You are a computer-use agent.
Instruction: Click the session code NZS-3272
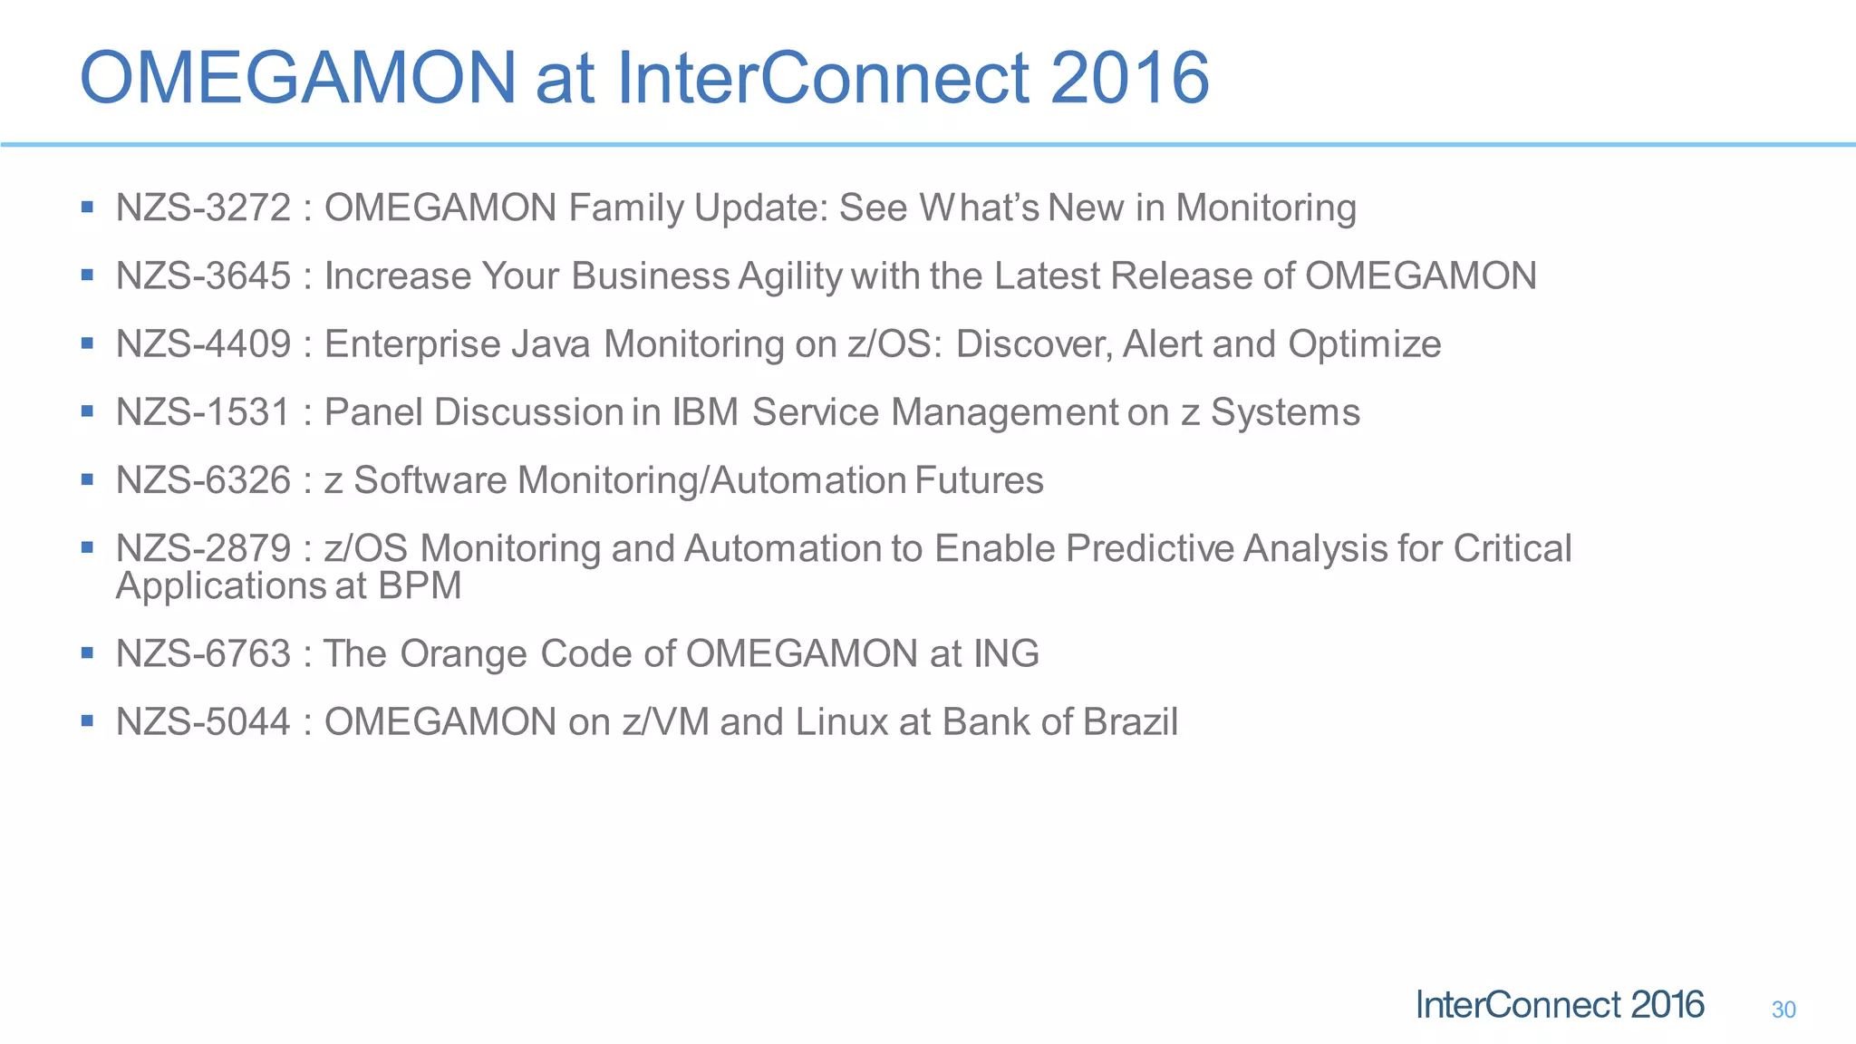tap(203, 208)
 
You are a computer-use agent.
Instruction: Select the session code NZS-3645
tap(203, 276)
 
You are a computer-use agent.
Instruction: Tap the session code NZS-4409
tap(203, 344)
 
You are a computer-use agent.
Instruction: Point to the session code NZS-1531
tap(203, 412)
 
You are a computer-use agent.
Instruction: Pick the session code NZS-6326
tap(203, 480)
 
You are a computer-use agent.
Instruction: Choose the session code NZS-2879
tap(203, 549)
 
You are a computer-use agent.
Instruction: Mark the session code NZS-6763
tap(203, 653)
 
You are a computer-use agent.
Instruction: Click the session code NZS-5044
tap(203, 722)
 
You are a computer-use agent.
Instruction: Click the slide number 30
tap(1783, 1010)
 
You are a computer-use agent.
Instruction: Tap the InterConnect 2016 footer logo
tap(1559, 1005)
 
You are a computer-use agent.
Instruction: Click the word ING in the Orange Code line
tap(1006, 653)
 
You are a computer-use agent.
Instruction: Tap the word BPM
tap(420, 585)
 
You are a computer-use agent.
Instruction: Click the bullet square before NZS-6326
tap(87, 478)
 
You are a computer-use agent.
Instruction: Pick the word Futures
tap(979, 480)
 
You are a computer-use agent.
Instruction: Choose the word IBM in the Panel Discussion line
tap(705, 412)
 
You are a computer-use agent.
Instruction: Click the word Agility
tap(790, 277)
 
